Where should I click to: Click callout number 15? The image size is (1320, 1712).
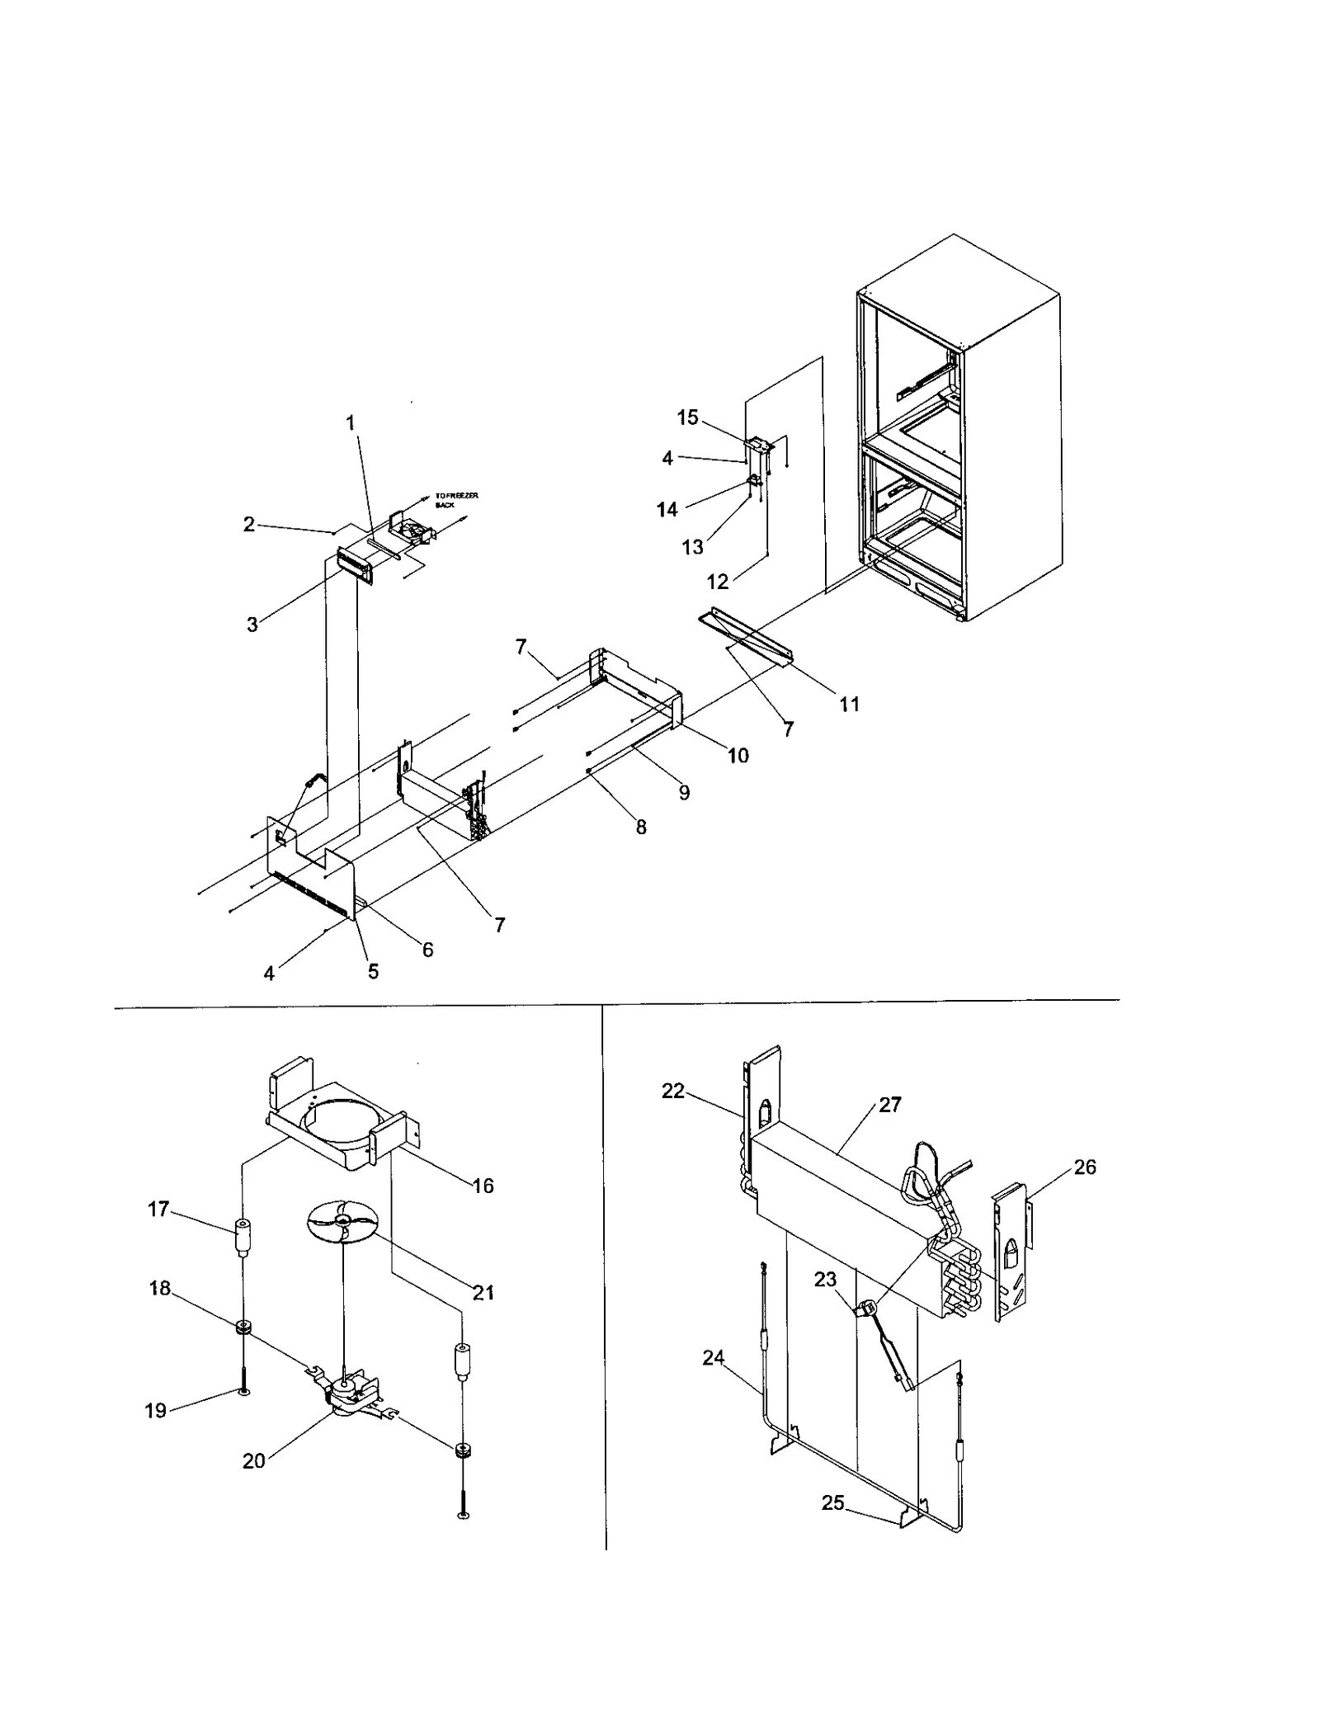687,417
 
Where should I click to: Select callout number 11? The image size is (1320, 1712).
849,704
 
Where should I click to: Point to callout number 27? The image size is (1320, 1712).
889,1105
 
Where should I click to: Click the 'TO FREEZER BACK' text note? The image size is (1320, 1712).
455,499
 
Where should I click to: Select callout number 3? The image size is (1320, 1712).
252,625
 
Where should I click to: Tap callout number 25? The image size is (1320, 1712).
832,1502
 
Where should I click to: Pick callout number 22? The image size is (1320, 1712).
673,1091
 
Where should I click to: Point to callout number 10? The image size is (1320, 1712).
738,755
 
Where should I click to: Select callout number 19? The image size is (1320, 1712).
156,1410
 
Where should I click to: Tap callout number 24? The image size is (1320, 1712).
713,1357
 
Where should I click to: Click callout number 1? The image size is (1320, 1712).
350,422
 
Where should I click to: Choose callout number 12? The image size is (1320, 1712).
717,582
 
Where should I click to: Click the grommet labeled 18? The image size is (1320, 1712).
243,1328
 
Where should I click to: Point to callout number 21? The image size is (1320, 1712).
483,1292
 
